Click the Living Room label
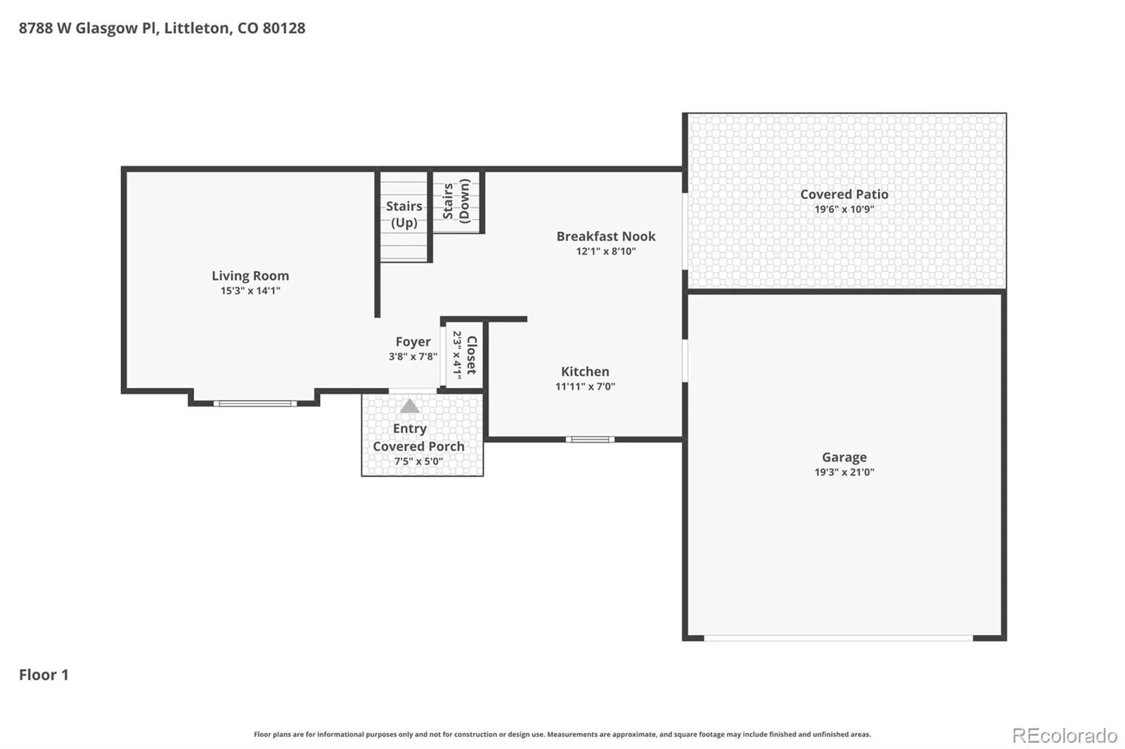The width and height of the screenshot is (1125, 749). tap(250, 275)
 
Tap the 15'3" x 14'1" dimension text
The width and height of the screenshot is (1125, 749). tap(250, 291)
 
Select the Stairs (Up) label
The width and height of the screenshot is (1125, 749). tap(404, 214)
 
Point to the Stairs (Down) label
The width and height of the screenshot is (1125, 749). tap(456, 202)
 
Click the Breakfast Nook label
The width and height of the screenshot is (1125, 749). tap(605, 236)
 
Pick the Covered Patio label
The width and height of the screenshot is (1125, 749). tap(844, 195)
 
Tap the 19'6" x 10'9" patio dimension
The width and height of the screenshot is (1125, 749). tap(844, 209)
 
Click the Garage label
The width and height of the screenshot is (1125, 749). tap(844, 457)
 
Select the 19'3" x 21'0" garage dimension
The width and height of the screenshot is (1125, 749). tap(844, 472)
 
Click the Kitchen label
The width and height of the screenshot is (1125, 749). tap(585, 372)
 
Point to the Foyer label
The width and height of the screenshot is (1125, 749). tap(413, 342)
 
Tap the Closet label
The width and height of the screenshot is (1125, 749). tap(472, 356)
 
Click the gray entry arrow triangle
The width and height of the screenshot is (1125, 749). tap(409, 405)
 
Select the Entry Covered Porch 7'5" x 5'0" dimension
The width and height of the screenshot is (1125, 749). tap(418, 462)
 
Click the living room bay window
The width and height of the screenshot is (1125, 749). tap(255, 403)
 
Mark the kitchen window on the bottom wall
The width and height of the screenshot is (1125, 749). tap(590, 440)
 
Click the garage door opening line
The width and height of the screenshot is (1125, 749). tap(838, 638)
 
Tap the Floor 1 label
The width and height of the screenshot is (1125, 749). tap(44, 675)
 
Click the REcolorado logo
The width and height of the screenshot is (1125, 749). tap(1065, 736)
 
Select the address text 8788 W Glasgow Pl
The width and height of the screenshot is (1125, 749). tap(89, 28)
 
